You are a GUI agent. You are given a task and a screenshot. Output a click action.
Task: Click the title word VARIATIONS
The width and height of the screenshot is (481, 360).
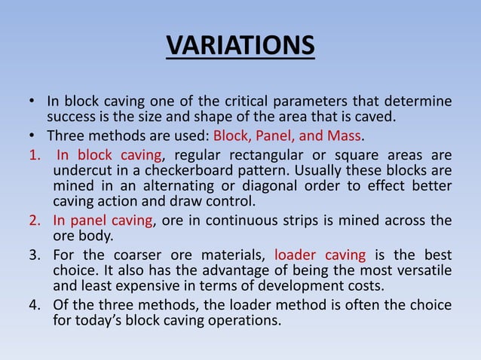240,45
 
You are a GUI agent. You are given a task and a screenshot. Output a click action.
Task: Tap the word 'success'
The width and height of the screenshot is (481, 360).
72,117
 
